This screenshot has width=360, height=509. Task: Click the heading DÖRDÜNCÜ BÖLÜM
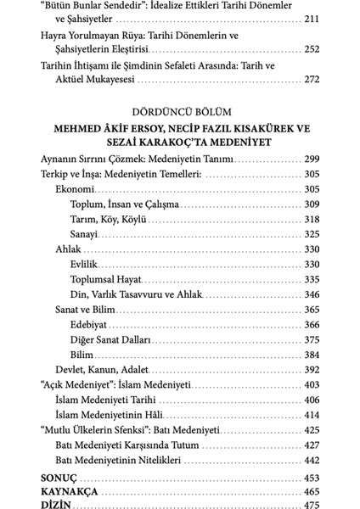click(x=179, y=111)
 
